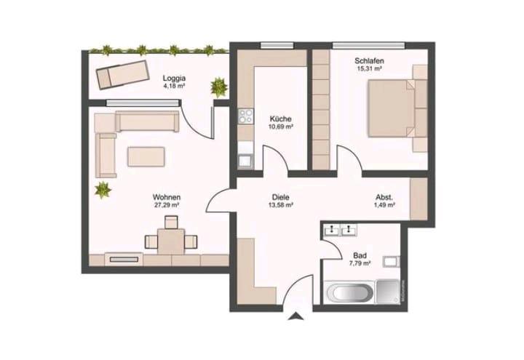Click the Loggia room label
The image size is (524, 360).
(x=173, y=77)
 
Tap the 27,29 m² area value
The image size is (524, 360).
(x=167, y=206)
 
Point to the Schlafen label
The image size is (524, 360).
(x=369, y=60)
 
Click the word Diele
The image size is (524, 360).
(x=281, y=197)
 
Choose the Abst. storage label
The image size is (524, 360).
(x=384, y=197)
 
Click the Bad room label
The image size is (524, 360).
(x=360, y=256)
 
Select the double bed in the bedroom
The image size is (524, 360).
(x=392, y=108)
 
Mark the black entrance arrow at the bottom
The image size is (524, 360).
(x=296, y=315)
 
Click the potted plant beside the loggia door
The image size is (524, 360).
(x=218, y=87)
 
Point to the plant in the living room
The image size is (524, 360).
(x=103, y=191)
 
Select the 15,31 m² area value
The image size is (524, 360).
(x=369, y=68)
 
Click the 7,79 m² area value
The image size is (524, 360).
(x=360, y=264)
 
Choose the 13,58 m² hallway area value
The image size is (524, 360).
(x=281, y=206)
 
